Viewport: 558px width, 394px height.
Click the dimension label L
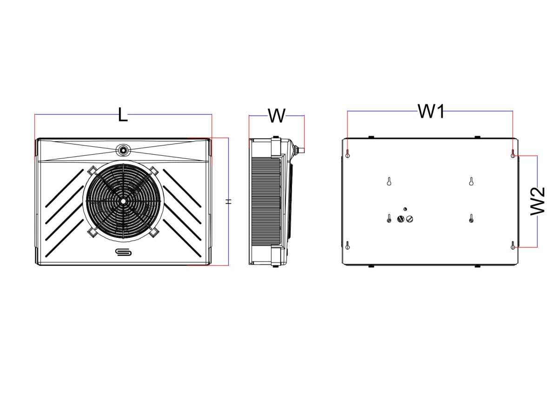click(123, 114)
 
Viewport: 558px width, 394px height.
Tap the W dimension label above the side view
click(277, 116)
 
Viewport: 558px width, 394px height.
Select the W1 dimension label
click(431, 111)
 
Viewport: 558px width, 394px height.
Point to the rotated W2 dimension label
click(538, 201)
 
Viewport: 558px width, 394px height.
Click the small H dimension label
click(228, 202)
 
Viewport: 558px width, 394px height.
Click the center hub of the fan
click(123, 201)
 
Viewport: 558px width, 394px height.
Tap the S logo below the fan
click(123, 252)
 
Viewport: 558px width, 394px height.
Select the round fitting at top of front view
click(123, 150)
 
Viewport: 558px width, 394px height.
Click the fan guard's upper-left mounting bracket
click(92, 170)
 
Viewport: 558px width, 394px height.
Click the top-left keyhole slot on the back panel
click(348, 154)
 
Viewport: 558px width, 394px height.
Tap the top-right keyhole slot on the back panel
click(512, 154)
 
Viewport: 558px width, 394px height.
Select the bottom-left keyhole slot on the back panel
click(348, 245)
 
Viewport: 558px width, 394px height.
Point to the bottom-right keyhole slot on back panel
click(512, 245)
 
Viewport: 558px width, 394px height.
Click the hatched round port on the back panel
click(400, 219)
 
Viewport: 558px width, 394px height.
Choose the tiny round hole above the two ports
click(405, 209)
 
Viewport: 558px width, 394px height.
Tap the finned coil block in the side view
click(266, 201)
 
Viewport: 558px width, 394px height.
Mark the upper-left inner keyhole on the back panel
click(389, 181)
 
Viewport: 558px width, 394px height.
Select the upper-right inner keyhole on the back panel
click(471, 181)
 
